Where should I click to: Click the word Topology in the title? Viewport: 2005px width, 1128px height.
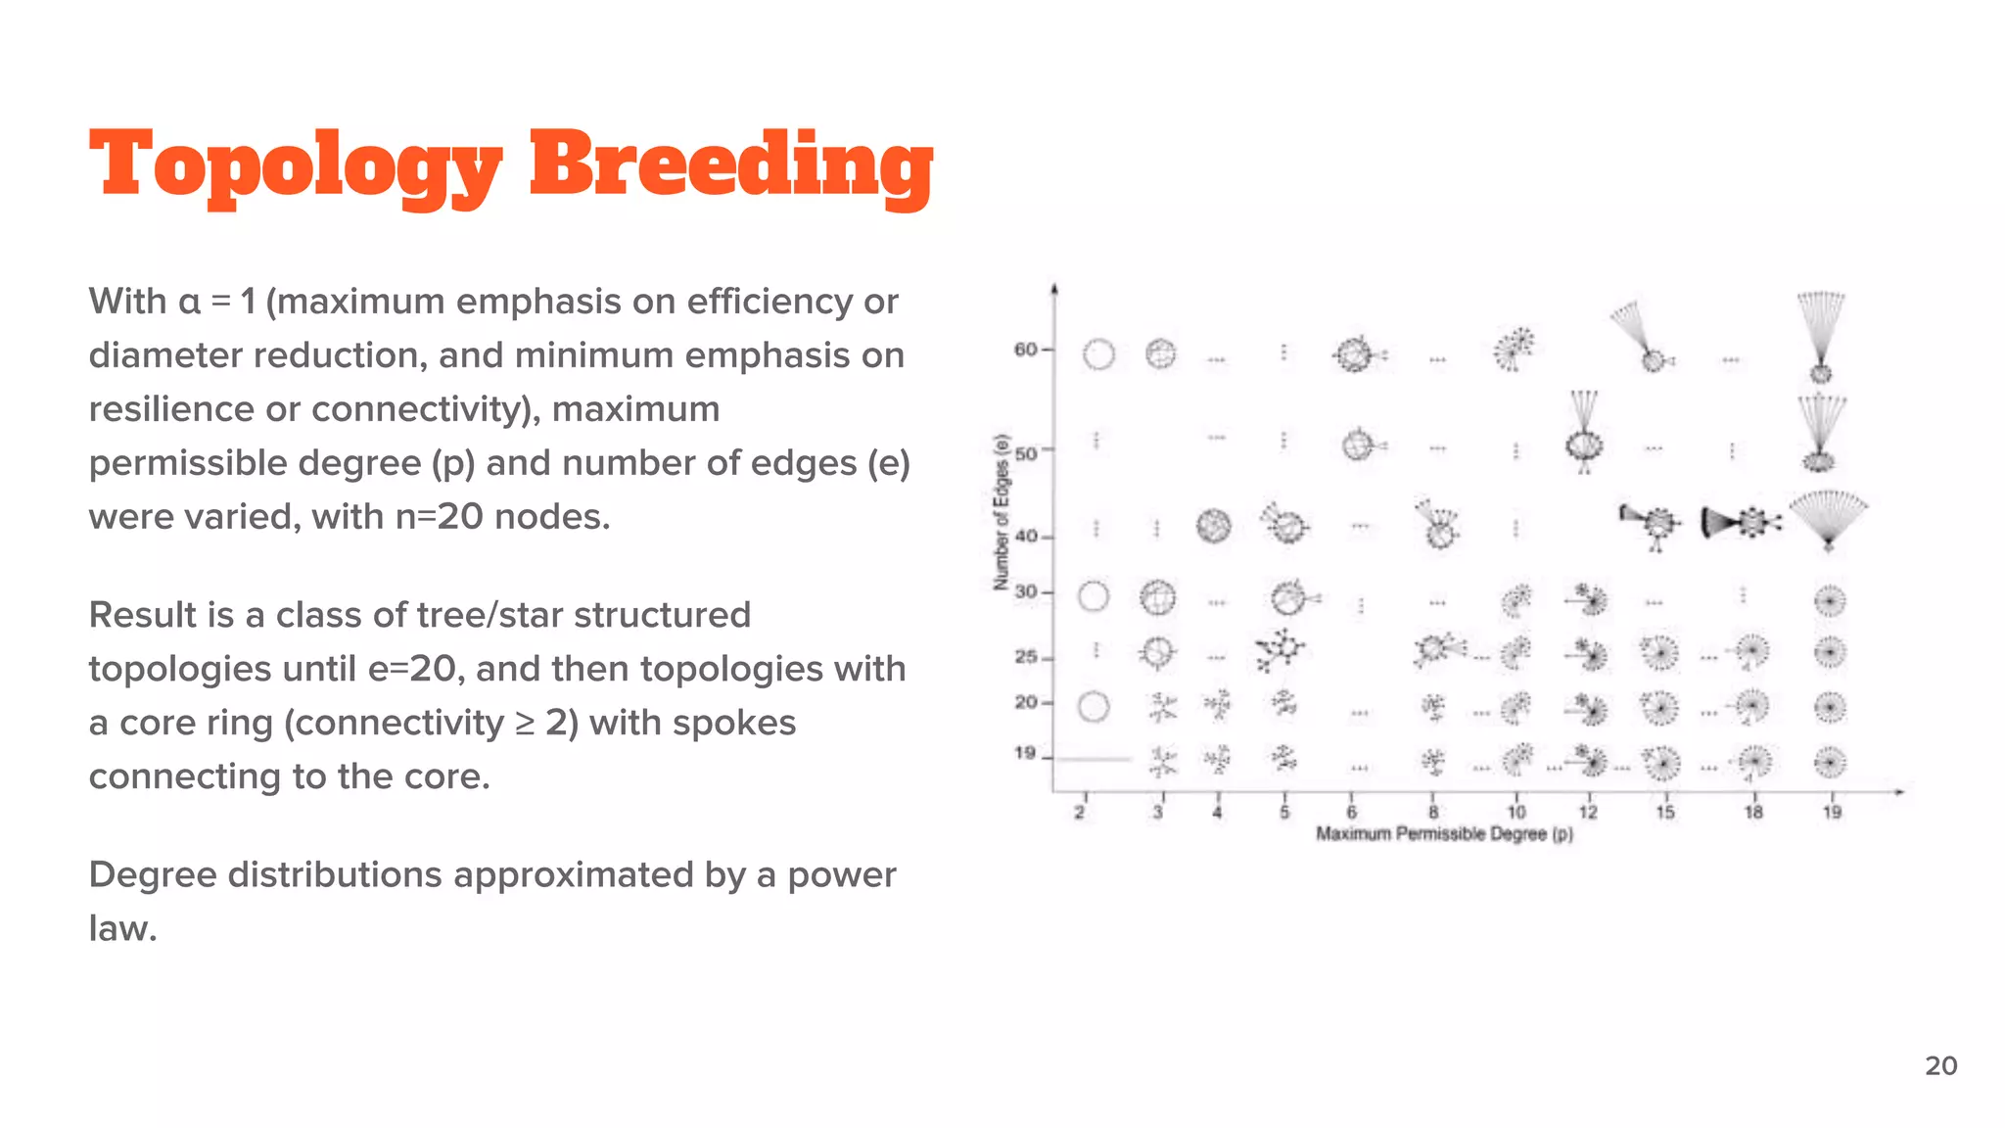coord(295,166)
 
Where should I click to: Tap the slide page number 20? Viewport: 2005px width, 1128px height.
coord(1940,1065)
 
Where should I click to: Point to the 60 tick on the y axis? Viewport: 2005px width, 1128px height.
coord(1025,350)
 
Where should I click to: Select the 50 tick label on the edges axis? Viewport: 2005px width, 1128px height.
coord(1025,453)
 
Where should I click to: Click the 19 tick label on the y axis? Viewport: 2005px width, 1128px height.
coord(1025,753)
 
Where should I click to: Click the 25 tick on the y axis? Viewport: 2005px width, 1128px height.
coord(1025,656)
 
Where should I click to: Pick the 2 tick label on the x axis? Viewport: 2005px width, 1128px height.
coord(1080,812)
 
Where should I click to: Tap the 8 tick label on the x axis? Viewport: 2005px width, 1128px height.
coord(1433,812)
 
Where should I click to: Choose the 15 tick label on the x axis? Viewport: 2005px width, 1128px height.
coord(1665,812)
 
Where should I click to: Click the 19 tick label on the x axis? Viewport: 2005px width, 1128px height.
coord(1832,812)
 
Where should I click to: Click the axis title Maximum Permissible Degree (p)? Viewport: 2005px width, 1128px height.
coord(1444,834)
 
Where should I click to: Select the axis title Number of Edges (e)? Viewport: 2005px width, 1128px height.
coord(1001,512)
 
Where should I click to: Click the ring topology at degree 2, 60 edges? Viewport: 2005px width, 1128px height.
coord(1098,353)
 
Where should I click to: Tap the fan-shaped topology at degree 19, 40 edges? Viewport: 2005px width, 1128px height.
coord(1828,519)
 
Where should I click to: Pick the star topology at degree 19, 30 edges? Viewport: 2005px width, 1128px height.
coord(1830,599)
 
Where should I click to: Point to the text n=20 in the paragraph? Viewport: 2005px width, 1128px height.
coord(440,517)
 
